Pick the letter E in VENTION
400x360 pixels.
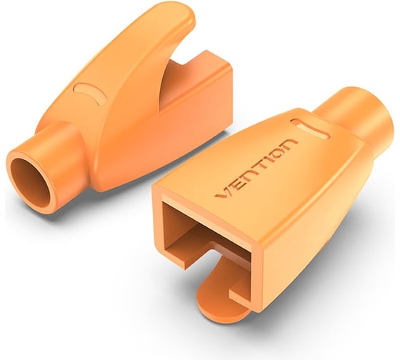234,184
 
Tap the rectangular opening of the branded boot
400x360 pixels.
207,236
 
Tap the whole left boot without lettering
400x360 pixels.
121,114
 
